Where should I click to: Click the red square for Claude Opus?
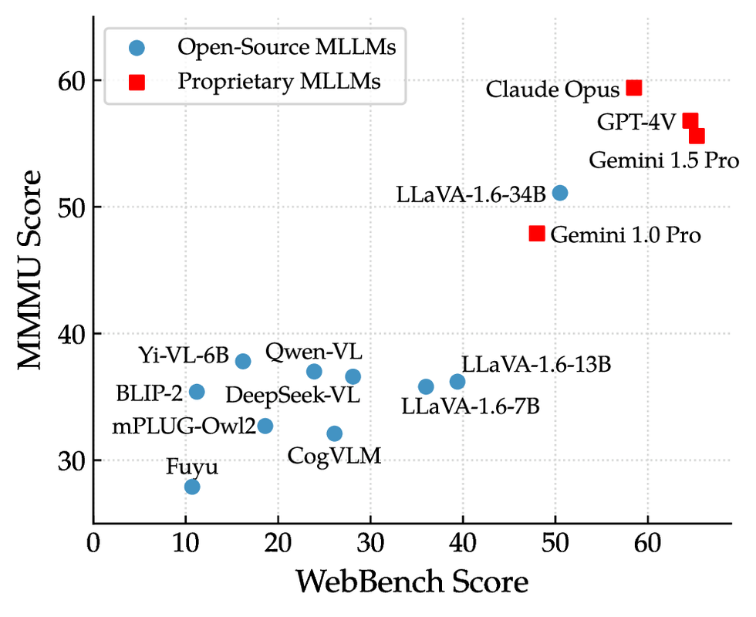(633, 88)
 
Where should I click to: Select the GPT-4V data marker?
(690, 121)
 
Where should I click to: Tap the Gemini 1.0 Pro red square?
(537, 233)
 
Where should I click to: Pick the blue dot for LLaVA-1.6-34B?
(560, 193)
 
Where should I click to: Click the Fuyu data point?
(192, 487)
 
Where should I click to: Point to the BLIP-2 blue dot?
(197, 392)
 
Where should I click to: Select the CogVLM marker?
(334, 433)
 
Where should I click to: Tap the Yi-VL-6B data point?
(243, 361)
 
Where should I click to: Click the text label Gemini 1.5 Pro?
(664, 161)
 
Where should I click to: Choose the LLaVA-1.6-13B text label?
(536, 364)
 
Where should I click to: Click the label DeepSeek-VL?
(292, 396)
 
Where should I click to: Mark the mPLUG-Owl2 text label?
(184, 426)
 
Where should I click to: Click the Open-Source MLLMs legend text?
(287, 47)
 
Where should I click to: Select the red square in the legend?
(137, 81)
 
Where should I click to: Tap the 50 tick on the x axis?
(555, 544)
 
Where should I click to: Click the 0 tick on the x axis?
(93, 544)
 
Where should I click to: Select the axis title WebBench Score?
(412, 582)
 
